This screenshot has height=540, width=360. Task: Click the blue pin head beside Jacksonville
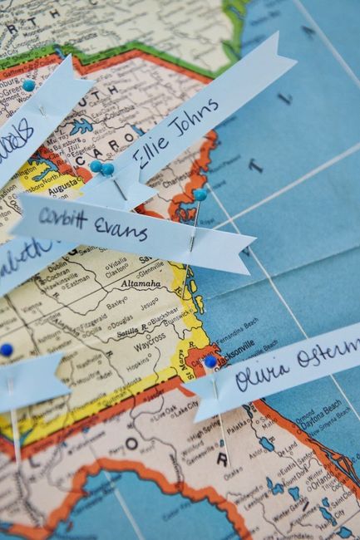tap(210, 361)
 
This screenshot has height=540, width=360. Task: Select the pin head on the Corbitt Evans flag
tap(200, 194)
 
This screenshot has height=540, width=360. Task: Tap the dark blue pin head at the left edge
tap(7, 350)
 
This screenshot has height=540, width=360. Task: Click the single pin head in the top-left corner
tap(29, 86)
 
